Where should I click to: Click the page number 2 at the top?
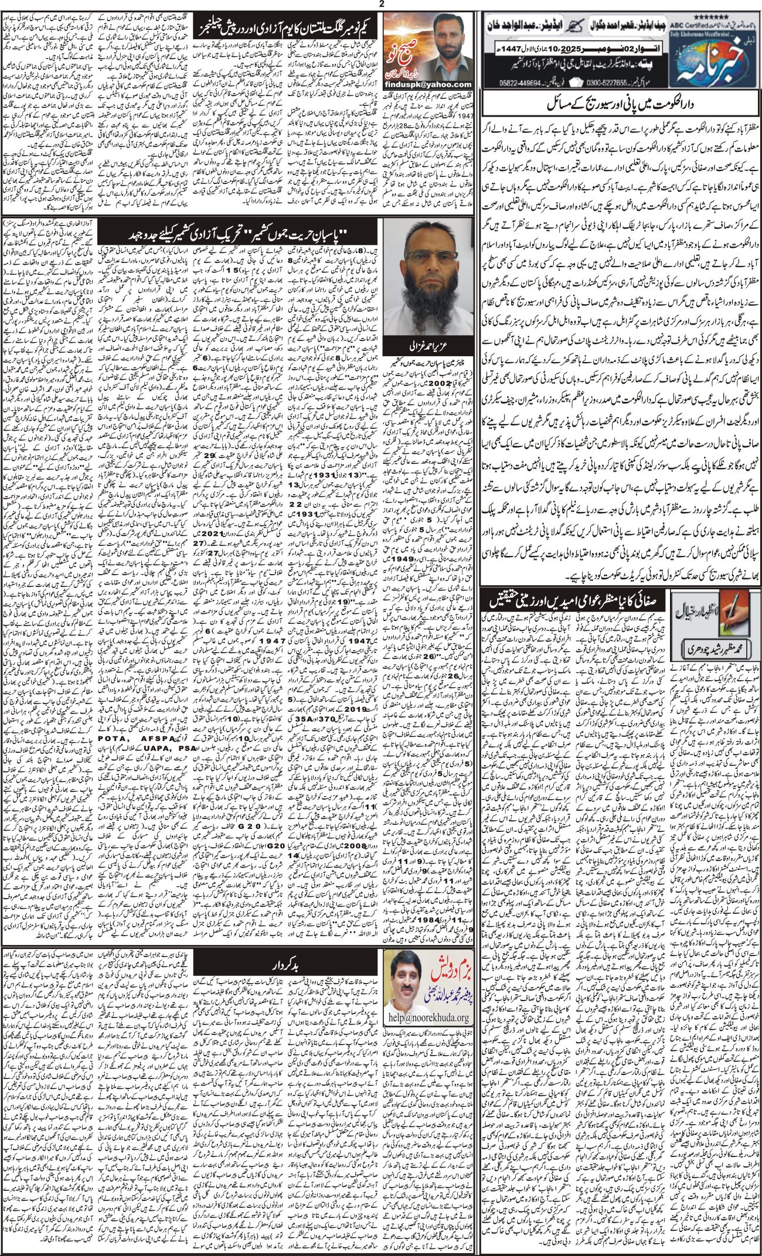pyautogui.click(x=381, y=5)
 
